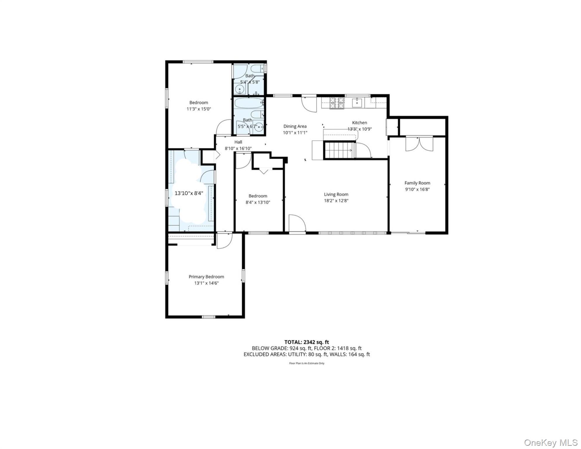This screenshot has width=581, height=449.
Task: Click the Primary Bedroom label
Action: [x=206, y=277]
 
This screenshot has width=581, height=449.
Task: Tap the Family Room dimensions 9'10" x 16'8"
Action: [x=417, y=189]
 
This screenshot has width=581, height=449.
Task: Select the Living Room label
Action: [x=336, y=194]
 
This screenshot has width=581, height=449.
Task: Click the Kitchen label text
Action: [x=359, y=122]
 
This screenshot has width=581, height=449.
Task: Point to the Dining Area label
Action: [x=295, y=126]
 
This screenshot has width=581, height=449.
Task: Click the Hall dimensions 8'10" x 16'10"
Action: [x=238, y=148]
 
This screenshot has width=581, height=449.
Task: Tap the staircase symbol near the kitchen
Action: [x=339, y=150]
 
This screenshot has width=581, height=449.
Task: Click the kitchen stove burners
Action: [x=337, y=103]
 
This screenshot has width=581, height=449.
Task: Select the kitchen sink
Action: [x=357, y=103]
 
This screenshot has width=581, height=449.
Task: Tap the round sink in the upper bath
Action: [x=241, y=89]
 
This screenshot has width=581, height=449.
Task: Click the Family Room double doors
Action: [x=419, y=144]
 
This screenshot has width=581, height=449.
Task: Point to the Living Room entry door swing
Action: [x=297, y=224]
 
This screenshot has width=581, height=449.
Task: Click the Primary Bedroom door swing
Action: [x=224, y=241]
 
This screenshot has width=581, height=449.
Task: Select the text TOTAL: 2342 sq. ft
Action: [x=307, y=342]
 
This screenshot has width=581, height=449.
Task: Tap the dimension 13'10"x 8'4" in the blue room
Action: [x=189, y=193]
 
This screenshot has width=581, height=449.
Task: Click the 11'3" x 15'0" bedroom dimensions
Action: [x=199, y=109]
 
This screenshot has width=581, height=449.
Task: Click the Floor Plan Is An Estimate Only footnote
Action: [x=307, y=363]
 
